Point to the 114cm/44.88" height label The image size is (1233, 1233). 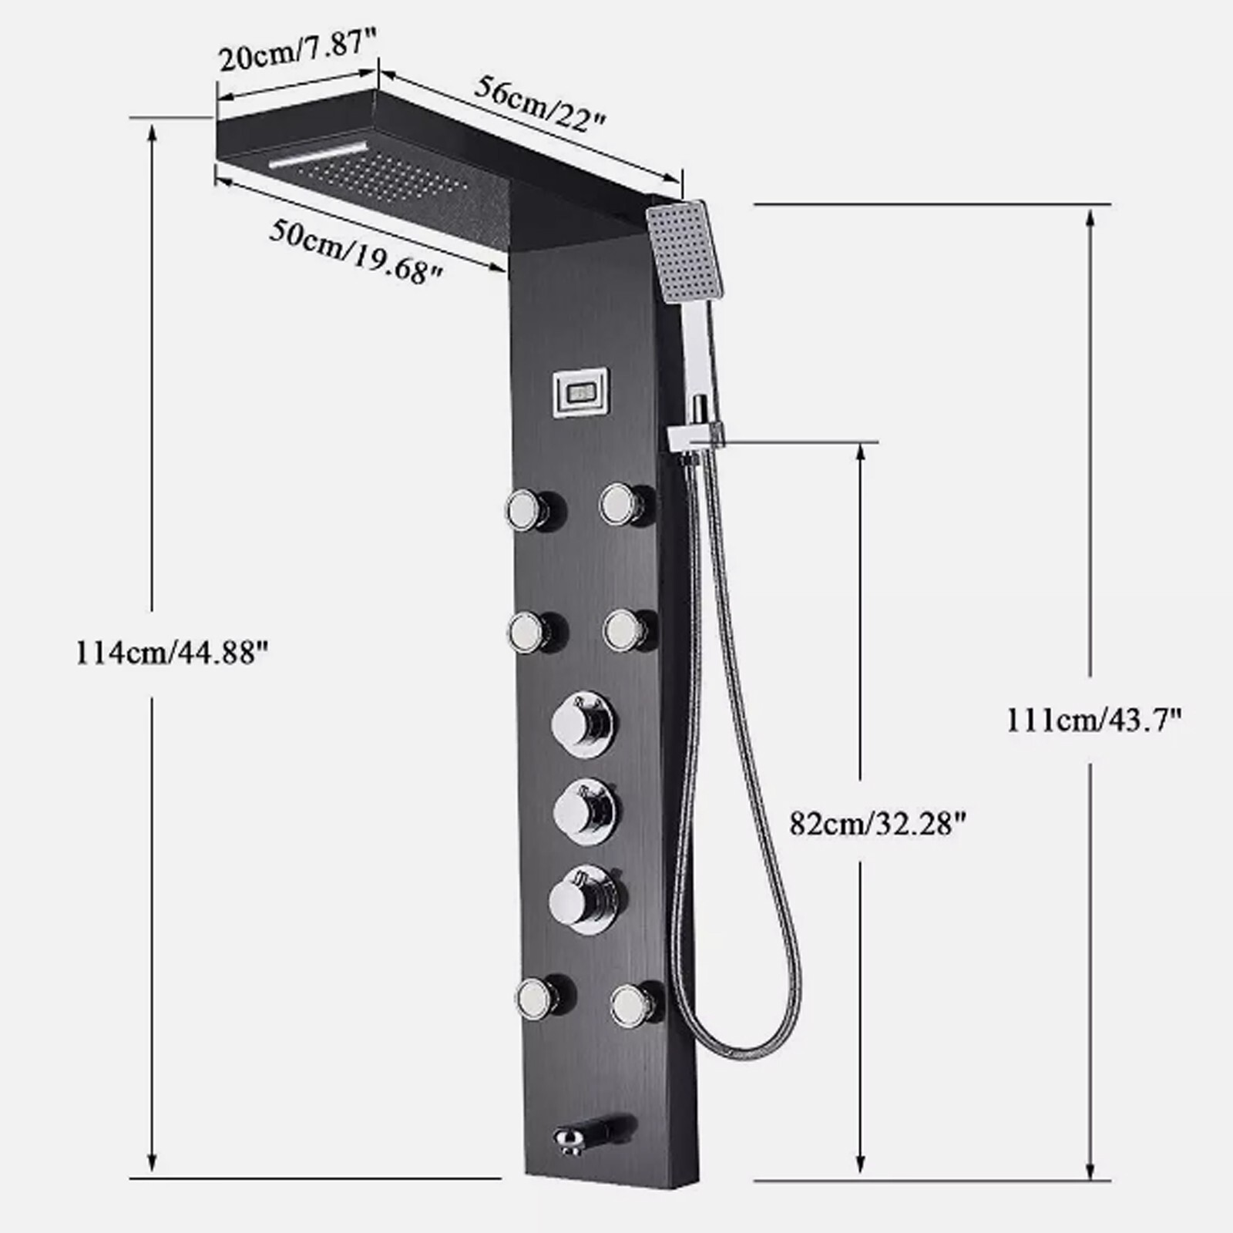pos(171,653)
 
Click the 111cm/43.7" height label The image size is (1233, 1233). pos(1094,720)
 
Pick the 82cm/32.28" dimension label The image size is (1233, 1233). pos(878,824)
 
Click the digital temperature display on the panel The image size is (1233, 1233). pos(581,391)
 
